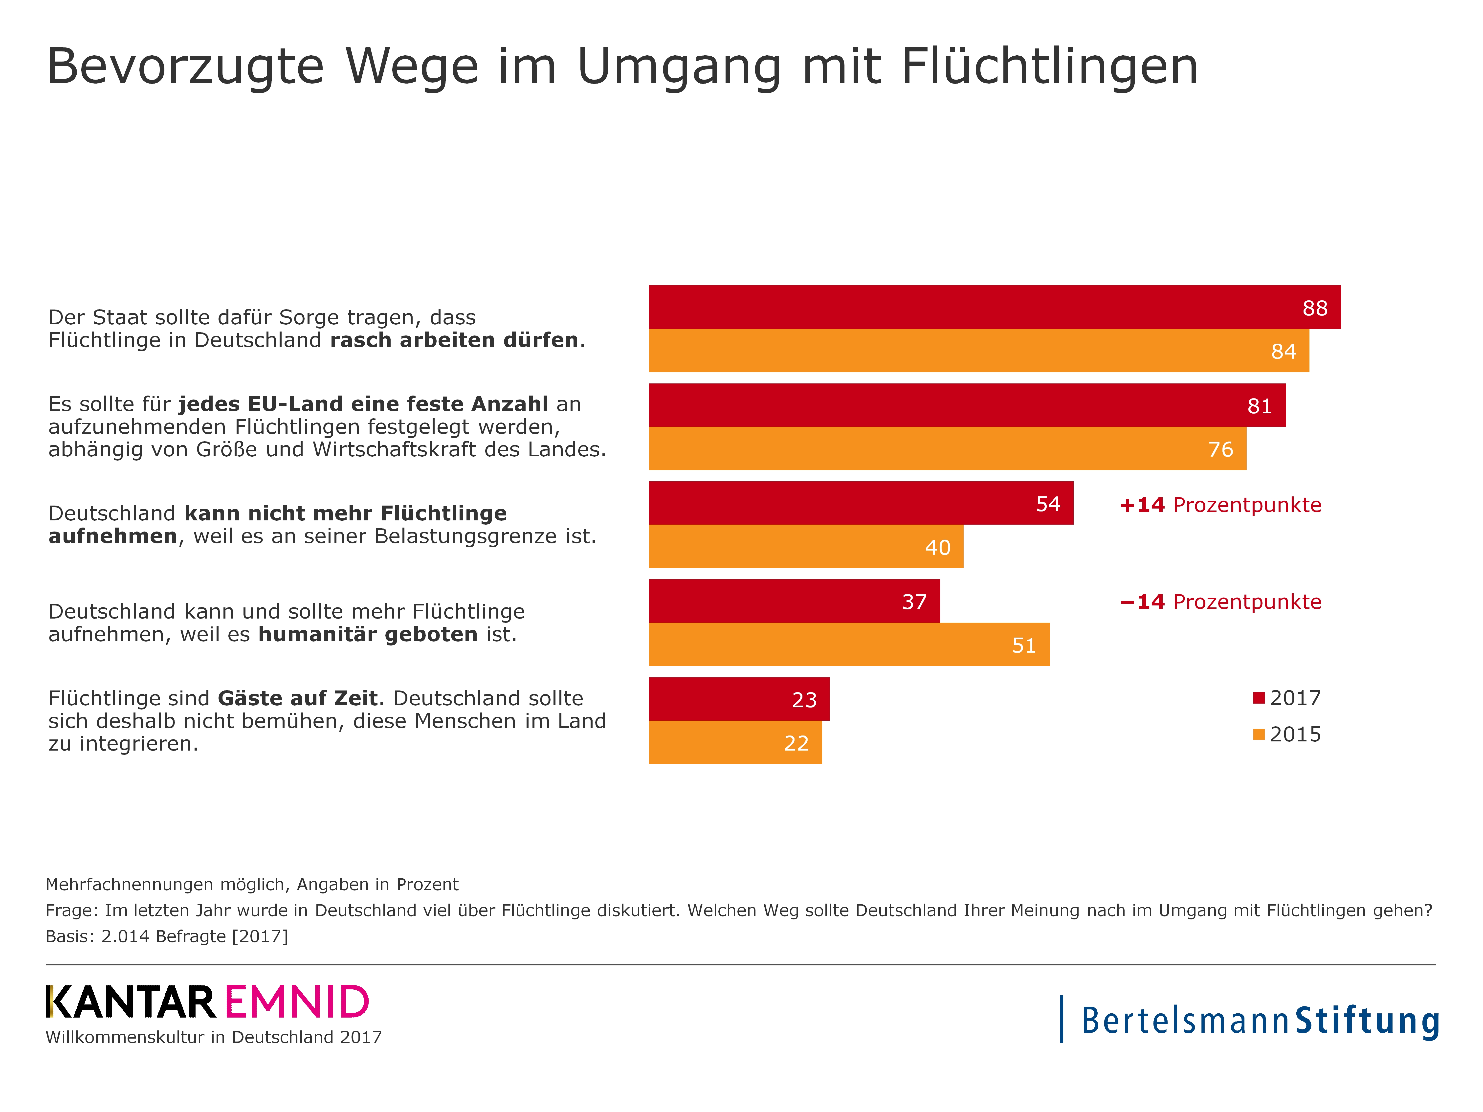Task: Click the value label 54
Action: click(x=1048, y=504)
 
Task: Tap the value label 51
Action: click(x=1024, y=645)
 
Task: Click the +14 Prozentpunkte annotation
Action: click(x=1220, y=505)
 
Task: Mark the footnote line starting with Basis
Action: click(x=166, y=936)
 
